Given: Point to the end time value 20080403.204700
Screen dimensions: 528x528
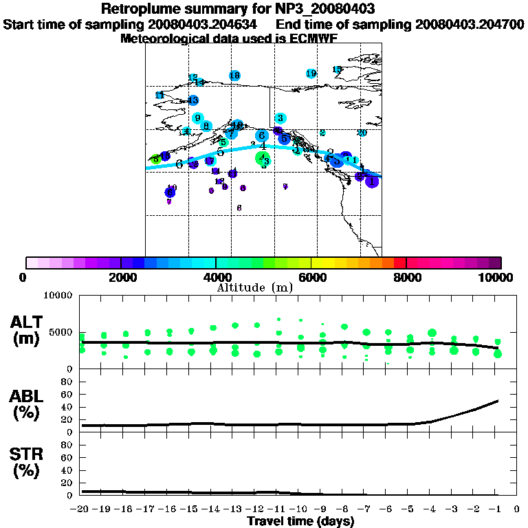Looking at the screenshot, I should pos(470,25).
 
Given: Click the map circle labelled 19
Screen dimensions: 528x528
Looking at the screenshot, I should pos(311,74).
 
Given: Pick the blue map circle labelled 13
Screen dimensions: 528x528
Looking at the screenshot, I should pos(193,100).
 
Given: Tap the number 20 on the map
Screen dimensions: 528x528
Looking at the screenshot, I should pos(362,133).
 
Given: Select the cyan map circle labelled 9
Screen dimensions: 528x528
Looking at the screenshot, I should pos(197,118).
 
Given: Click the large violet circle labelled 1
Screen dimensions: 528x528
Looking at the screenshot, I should pos(372,182).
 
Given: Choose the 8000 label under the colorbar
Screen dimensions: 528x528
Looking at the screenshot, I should pos(406,277).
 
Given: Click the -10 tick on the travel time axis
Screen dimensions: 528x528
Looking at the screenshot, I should pos(300,509).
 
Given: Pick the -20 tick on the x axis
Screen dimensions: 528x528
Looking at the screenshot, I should pos(80,509).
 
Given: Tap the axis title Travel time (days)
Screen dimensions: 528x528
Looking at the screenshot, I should pos(300,521).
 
